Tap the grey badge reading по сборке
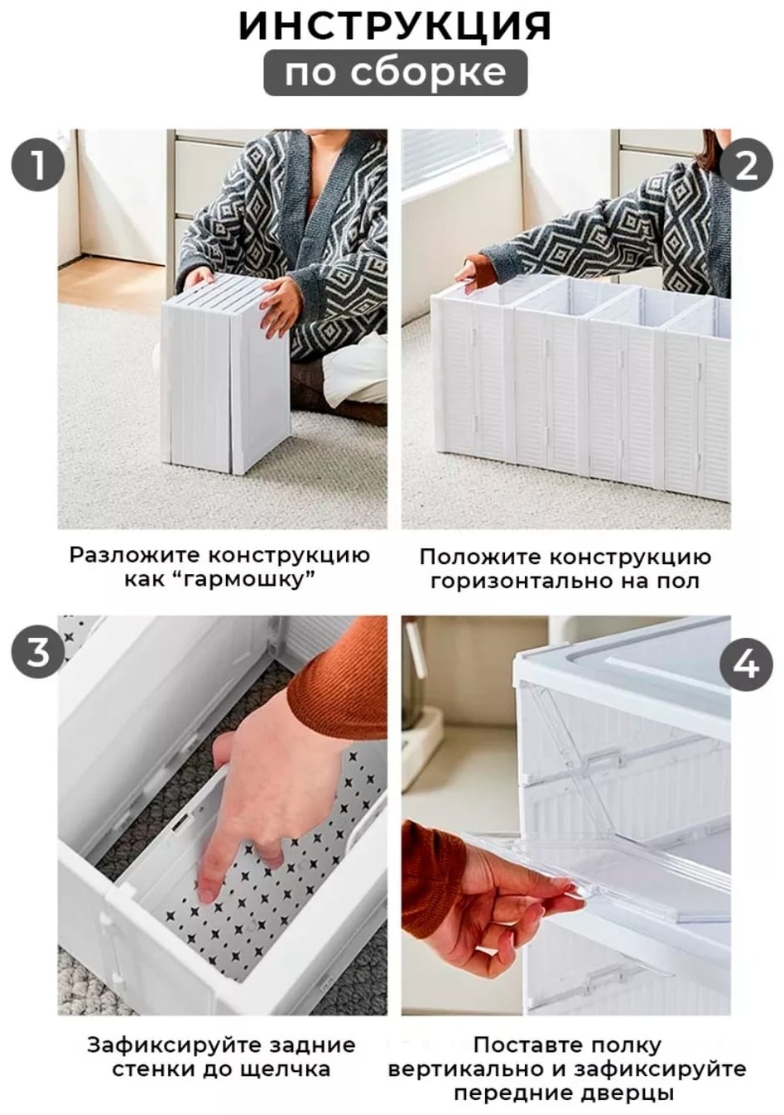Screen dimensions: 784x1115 coord(395,72)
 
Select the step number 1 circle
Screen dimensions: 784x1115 coord(38,165)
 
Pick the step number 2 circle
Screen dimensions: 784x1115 coord(747,165)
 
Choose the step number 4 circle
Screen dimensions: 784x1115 coord(747,664)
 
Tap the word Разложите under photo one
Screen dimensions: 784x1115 coord(133,555)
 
